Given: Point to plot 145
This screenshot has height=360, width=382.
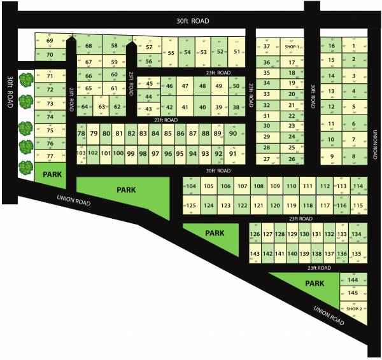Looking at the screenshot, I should pos(353,293).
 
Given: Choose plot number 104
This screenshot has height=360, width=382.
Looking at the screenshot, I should pos(192,186).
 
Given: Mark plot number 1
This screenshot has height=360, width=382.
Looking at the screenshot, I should pos(353,46).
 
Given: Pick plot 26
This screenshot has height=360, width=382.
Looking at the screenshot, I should pos(292,159).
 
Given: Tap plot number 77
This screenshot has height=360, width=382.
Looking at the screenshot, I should pos(50,155).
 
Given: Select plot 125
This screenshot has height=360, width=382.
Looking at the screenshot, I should pos(192,205).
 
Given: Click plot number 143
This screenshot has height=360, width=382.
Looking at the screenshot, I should pos(255,254).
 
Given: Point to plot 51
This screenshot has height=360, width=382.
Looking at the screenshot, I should pos(237,52).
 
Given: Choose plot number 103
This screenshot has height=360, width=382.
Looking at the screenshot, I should pos(81,153).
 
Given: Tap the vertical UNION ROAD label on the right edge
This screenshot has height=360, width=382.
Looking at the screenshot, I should pos(375,144).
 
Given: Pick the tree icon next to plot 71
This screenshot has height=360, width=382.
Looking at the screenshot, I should pos(26,80).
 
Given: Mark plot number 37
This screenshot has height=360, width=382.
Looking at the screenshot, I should pos(267,46).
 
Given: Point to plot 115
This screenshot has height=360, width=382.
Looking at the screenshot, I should pos(358,205).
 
